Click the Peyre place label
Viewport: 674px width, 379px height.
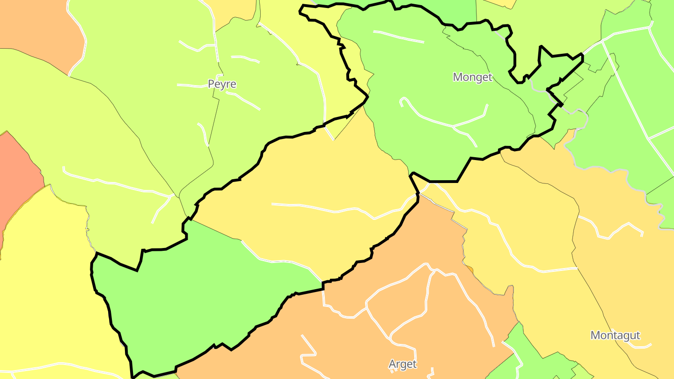222,84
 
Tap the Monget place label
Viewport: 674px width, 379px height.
472,77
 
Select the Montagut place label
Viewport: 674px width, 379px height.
615,335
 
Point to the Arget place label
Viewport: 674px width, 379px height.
403,364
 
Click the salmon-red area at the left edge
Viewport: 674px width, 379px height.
19,178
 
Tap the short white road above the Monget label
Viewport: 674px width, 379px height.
398,36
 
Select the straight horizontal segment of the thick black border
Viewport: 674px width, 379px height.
443,181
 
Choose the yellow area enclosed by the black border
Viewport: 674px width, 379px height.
304,187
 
